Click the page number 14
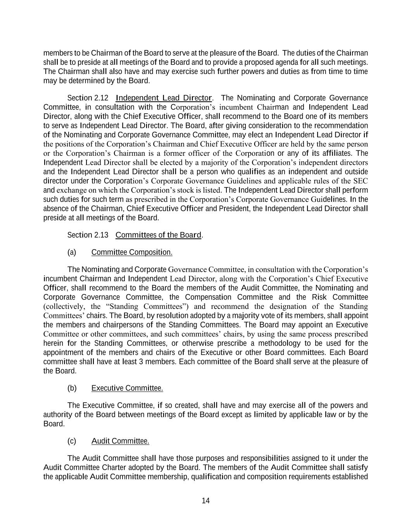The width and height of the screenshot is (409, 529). coord(205,501)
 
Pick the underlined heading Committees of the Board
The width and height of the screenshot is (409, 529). coord(159,235)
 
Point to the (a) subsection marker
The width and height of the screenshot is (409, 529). coord(72,253)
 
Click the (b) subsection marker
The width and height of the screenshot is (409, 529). coord(72,388)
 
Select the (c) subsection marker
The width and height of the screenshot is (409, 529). coord(72,441)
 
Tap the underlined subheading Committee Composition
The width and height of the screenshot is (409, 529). coord(132,253)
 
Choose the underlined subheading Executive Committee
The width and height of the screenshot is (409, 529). coord(127,388)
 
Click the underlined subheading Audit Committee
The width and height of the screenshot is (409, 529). coord(120,441)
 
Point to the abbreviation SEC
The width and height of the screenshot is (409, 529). coord(360,181)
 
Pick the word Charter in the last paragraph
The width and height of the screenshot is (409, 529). coord(113,467)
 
